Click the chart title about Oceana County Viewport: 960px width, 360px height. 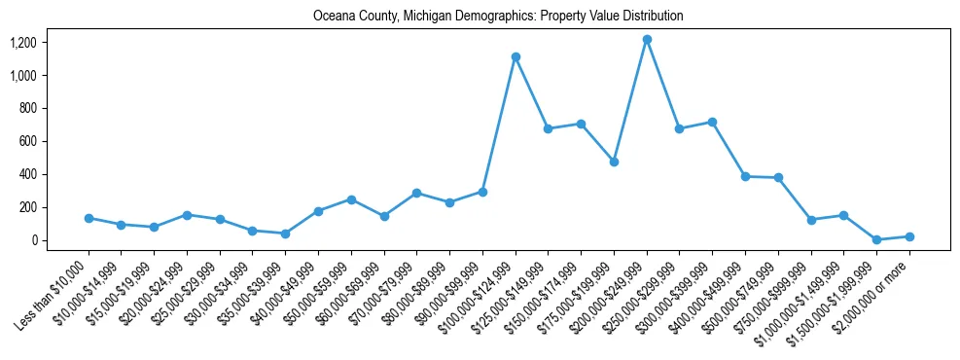(498, 16)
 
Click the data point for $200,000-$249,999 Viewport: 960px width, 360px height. (647, 39)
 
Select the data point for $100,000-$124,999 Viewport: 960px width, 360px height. (516, 56)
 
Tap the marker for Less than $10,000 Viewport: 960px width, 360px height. (89, 218)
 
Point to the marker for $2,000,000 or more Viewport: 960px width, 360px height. (909, 236)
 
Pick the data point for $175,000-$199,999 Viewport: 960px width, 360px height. (614, 162)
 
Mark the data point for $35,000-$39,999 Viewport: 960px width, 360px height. (285, 234)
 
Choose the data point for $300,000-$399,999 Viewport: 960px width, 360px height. (712, 122)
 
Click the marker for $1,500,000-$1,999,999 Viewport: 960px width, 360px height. (876, 239)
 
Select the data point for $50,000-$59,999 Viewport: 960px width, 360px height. (351, 199)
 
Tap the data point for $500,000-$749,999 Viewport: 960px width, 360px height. (778, 177)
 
